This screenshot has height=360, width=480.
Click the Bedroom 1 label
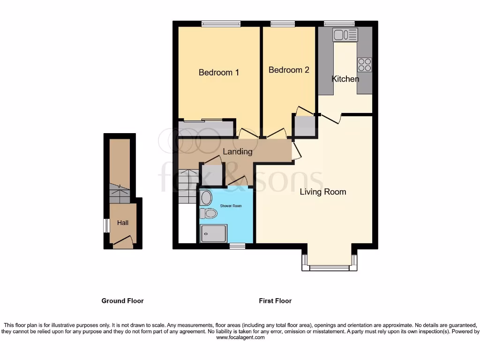(x=219, y=73)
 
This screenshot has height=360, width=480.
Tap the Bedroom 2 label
(x=289, y=70)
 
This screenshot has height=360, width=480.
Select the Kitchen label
(x=345, y=79)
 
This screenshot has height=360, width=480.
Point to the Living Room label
(x=323, y=192)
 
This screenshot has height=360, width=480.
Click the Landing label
(x=237, y=152)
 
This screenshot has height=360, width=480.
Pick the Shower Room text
(x=230, y=206)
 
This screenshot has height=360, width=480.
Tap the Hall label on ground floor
(x=123, y=223)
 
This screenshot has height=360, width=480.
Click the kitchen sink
(x=345, y=34)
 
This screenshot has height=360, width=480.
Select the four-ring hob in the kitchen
(x=364, y=65)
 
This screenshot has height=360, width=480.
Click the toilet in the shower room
(x=209, y=214)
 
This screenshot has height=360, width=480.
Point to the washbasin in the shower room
(x=206, y=198)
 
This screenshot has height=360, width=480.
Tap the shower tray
(x=213, y=233)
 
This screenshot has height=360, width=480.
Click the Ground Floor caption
(x=122, y=301)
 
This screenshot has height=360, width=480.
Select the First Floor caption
(x=275, y=301)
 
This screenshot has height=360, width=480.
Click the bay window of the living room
(x=329, y=268)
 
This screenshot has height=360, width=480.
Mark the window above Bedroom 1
(x=221, y=24)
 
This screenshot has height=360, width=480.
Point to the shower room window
(x=237, y=246)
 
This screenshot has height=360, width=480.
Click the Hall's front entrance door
(x=123, y=242)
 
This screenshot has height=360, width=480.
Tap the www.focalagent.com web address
(x=240, y=337)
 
